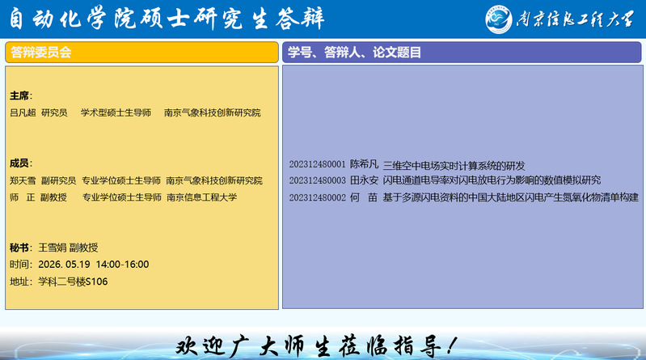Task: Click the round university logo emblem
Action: (x=499, y=19)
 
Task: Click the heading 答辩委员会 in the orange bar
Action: (x=40, y=53)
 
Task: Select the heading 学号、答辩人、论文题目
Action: (x=354, y=53)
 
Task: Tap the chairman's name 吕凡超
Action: (x=23, y=112)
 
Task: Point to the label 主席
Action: (x=19, y=95)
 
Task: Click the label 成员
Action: (x=19, y=163)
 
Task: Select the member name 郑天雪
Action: (x=23, y=180)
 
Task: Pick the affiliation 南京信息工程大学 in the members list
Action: (x=202, y=197)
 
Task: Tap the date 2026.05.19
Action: (x=64, y=265)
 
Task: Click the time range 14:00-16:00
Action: (x=122, y=265)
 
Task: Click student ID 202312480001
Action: (x=317, y=164)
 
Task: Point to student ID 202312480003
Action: (x=317, y=180)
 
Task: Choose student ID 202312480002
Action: (x=317, y=198)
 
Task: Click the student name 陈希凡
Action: (x=364, y=164)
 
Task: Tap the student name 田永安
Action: (x=364, y=180)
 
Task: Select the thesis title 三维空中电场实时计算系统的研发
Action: (x=454, y=166)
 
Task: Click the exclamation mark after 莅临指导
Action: (x=452, y=345)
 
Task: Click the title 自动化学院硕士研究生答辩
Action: (x=167, y=19)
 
